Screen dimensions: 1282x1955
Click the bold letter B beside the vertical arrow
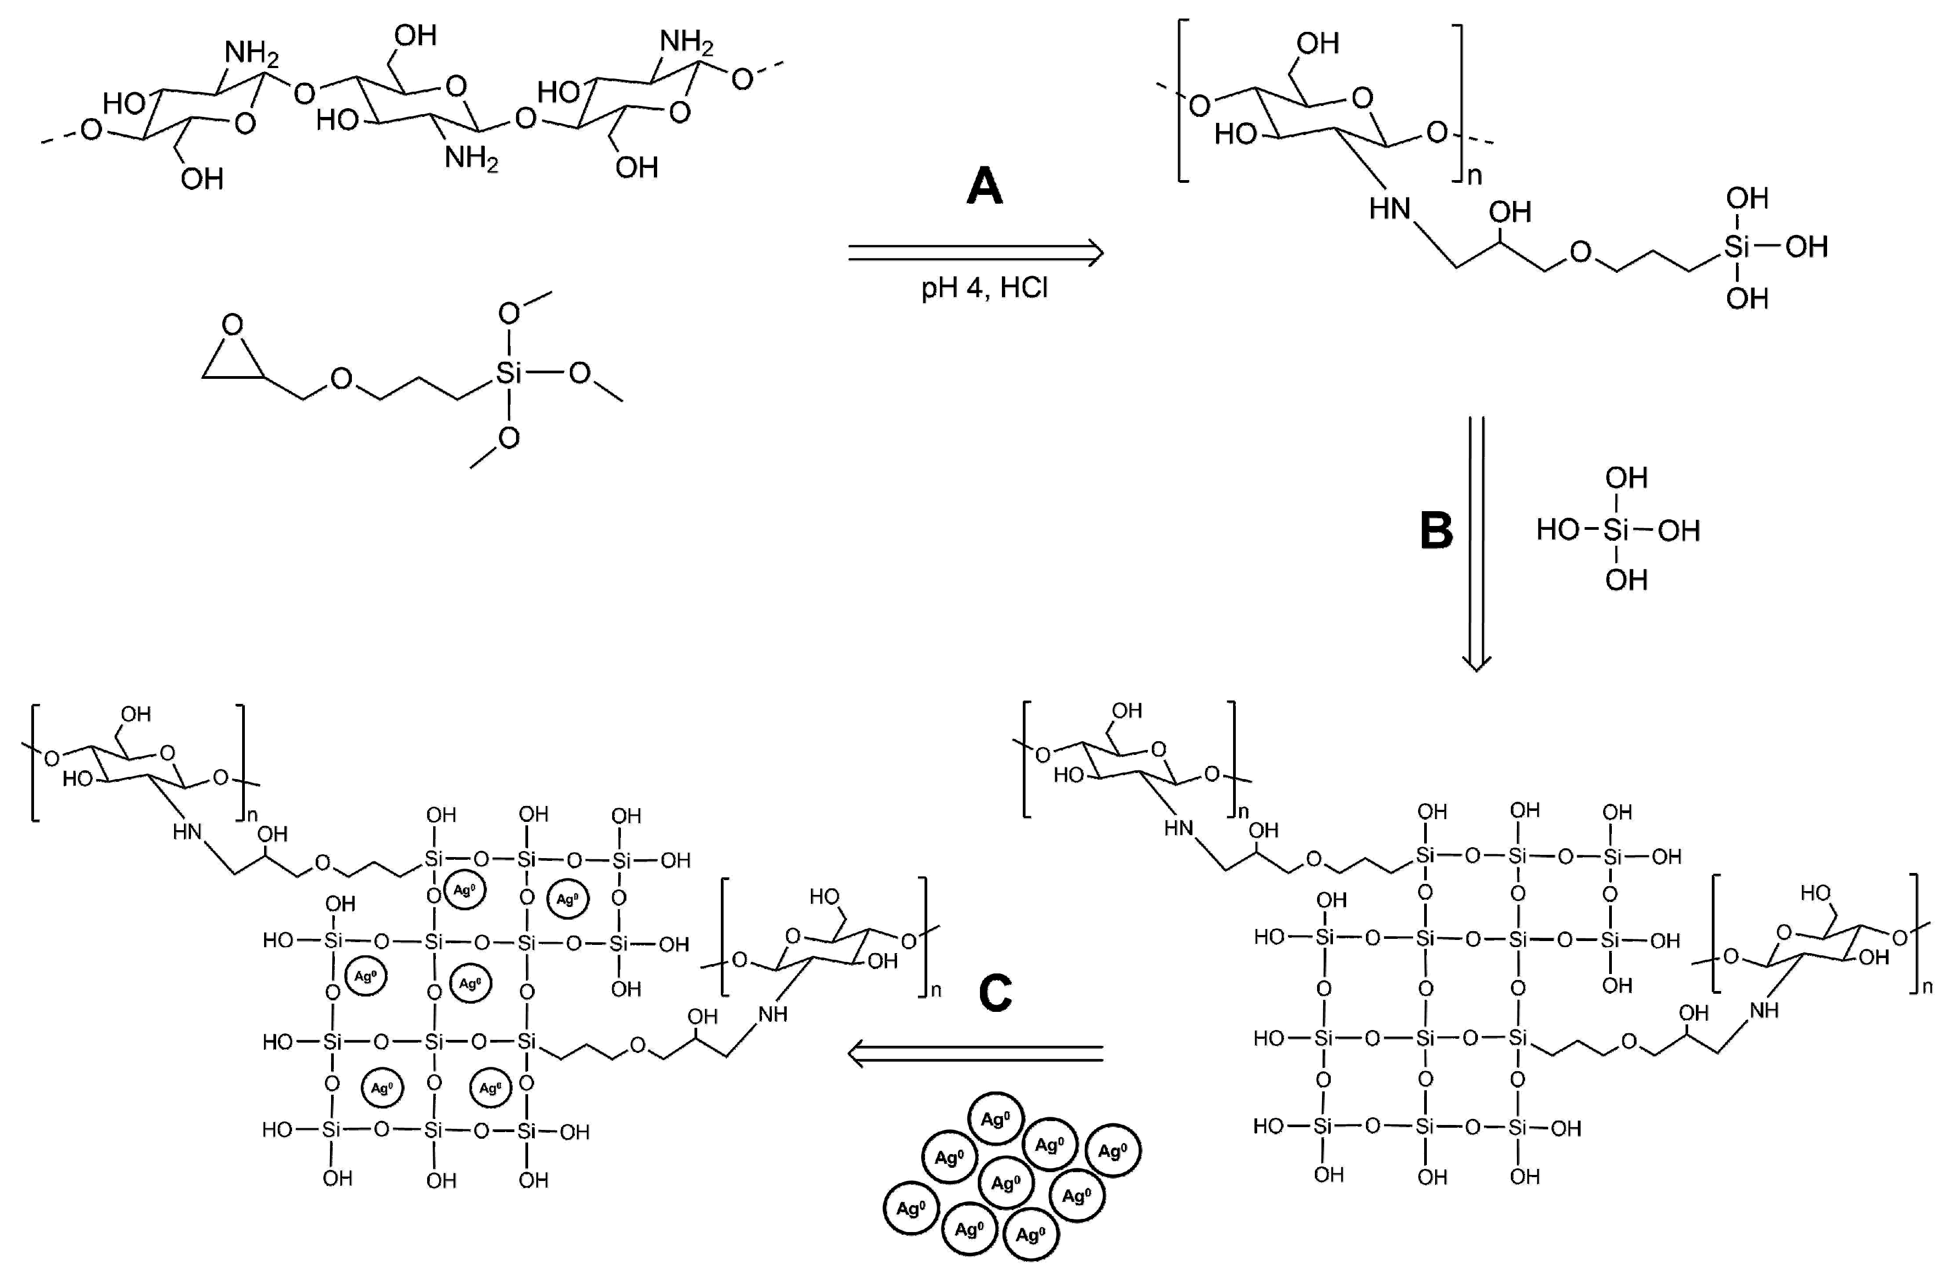(1436, 530)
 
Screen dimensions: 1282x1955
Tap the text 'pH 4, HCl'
(984, 288)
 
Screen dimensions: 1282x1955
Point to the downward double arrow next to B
(1476, 542)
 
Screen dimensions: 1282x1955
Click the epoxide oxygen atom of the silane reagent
(232, 324)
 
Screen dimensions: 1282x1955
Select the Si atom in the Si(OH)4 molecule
(1616, 530)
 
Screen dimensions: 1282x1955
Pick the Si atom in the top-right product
(1736, 247)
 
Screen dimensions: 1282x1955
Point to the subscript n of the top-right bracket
(1475, 176)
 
